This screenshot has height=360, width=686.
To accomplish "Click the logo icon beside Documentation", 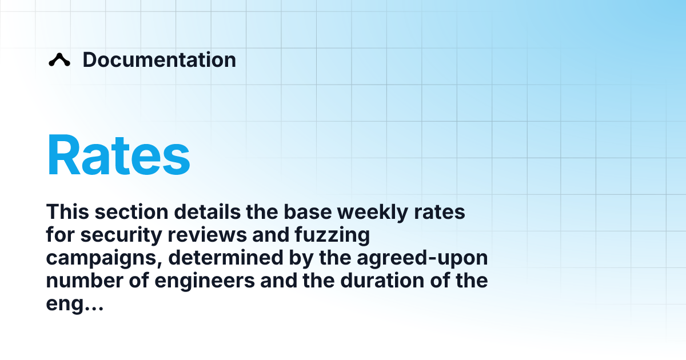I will click(x=59, y=60).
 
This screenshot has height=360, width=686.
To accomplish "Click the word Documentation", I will click(x=159, y=60).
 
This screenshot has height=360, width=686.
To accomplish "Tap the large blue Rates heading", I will click(x=118, y=156).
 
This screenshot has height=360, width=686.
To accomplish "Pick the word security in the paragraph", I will click(x=114, y=235).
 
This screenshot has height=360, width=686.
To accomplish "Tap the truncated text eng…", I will click(x=74, y=305).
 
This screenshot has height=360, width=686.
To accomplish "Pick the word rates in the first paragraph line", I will click(x=442, y=212).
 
